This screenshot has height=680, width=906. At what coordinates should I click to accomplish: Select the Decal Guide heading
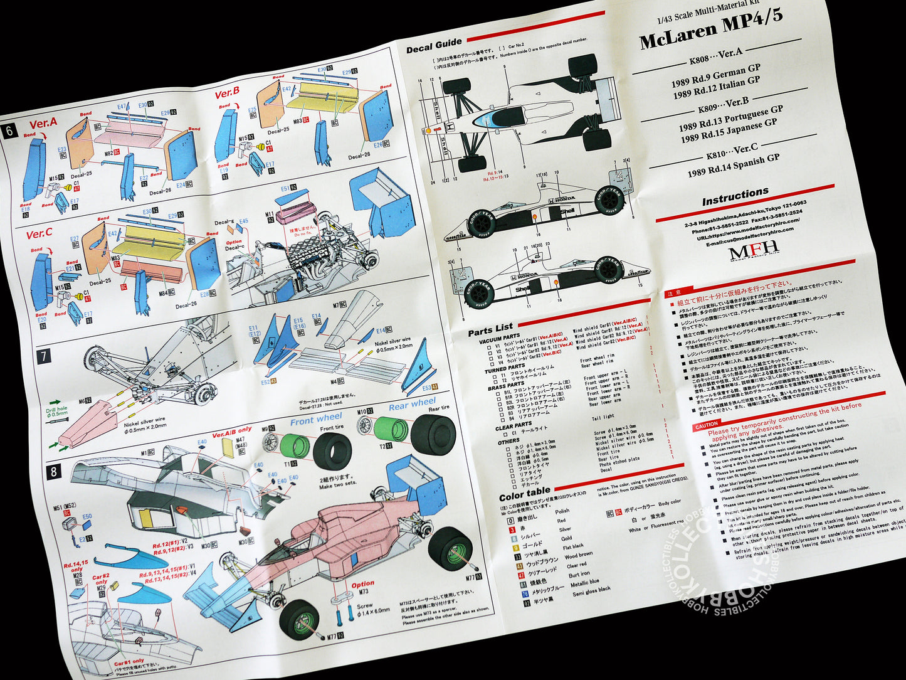click(x=434, y=47)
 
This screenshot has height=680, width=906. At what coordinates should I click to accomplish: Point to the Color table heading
click(x=525, y=492)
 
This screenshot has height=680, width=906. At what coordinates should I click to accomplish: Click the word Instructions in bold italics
click(x=735, y=196)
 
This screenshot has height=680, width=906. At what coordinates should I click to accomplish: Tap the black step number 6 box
click(x=9, y=131)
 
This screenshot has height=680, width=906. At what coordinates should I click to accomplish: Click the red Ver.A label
click(x=43, y=124)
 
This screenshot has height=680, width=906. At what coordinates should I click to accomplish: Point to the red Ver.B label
click(x=227, y=93)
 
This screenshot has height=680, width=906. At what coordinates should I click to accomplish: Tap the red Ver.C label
click(x=39, y=235)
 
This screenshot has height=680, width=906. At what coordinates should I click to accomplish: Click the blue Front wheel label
click(x=316, y=418)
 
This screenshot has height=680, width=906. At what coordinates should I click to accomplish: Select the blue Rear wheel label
click(x=412, y=403)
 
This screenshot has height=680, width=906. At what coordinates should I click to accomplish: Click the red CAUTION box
click(x=706, y=427)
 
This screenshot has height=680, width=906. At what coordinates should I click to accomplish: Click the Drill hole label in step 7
click(x=57, y=410)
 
